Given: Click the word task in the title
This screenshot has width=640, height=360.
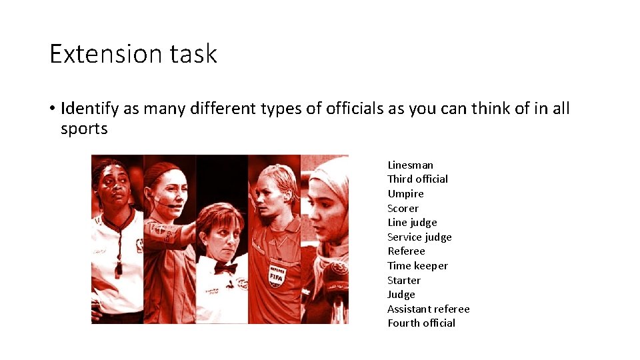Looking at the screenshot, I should point(194,53).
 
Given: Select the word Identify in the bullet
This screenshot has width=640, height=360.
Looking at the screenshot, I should point(89,109).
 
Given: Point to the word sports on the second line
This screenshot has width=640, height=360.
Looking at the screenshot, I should point(84,129).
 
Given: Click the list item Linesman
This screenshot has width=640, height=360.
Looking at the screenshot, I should point(410,165).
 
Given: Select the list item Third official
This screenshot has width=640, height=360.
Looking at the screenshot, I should point(417,179).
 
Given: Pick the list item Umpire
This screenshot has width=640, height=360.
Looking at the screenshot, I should point(405,193).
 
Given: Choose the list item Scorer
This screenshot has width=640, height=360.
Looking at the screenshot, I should point(403,208).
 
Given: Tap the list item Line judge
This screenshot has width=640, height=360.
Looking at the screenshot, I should point(412,223).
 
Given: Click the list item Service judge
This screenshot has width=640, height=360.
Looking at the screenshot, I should point(419,237).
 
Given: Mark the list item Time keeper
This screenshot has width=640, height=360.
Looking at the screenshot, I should point(417,265).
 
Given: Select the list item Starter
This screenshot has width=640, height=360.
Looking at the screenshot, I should point(404,280).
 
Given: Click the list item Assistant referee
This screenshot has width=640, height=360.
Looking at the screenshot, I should point(428,309).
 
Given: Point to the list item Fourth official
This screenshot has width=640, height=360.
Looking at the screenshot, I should point(421,323).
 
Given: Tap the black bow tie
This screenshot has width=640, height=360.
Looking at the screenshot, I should point(225,267).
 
